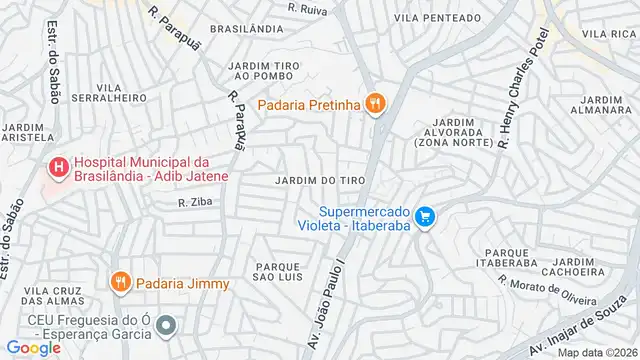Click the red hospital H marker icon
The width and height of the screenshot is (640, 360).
pos(59,167)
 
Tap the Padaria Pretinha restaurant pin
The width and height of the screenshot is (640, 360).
pos(376,102)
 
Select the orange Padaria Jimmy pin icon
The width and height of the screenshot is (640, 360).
pos(121,281)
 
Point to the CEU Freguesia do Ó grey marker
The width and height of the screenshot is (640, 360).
pos(167,325)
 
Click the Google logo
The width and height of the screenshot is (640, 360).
pos(33,347)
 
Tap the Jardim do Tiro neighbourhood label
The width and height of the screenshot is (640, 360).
pos(319,179)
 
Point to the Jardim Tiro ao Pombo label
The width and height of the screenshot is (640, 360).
pos(265,71)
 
